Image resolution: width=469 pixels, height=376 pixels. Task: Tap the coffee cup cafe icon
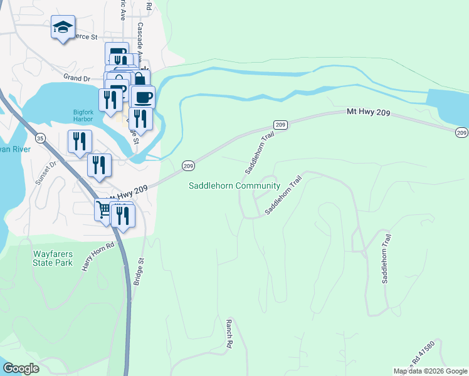click(144, 97)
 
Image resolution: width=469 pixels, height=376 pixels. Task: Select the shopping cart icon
click(104, 209)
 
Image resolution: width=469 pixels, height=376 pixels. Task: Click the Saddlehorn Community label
click(234, 186)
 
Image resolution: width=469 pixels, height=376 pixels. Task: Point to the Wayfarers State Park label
click(53, 258)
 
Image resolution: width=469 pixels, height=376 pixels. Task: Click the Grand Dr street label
click(77, 78)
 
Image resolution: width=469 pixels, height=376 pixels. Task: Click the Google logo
click(21, 368)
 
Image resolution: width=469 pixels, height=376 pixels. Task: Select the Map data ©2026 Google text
click(430, 371)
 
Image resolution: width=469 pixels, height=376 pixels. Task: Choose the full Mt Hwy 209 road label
click(373, 112)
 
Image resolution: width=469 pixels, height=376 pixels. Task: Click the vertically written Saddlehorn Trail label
click(387, 259)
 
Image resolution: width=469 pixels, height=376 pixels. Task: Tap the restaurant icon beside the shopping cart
click(123, 216)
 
